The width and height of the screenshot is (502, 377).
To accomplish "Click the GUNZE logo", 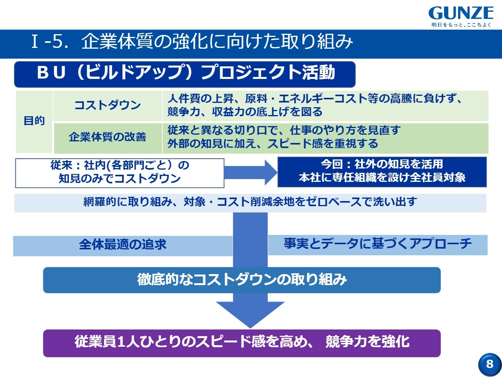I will [461, 13].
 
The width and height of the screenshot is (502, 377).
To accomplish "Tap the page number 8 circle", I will [489, 364].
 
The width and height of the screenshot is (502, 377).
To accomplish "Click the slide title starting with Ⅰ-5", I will [192, 42].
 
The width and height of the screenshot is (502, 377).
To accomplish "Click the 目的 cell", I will [34, 121].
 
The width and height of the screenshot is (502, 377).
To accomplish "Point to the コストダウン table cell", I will [107, 105].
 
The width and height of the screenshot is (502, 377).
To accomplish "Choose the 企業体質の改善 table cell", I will [107, 137].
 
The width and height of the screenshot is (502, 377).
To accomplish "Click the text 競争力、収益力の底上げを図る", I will [245, 112].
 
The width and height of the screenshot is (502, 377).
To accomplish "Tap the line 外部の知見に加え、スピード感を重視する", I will [273, 144].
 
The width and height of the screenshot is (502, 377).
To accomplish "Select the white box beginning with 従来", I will [120, 172].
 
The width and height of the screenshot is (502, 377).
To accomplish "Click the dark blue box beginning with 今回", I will [382, 171].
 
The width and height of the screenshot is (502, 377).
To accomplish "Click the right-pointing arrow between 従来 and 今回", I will [251, 172].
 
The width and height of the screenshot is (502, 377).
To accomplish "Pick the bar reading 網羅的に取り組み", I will [250, 202].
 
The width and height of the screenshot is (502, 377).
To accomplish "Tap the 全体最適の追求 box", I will [122, 245].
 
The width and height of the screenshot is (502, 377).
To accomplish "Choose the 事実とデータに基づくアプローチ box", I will [377, 244].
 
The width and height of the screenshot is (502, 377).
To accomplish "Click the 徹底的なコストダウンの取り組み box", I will [242, 280].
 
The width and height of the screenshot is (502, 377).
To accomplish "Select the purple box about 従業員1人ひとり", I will [242, 342].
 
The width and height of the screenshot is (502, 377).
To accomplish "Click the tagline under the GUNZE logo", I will [461, 25].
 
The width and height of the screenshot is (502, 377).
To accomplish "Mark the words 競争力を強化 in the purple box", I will [367, 342].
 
